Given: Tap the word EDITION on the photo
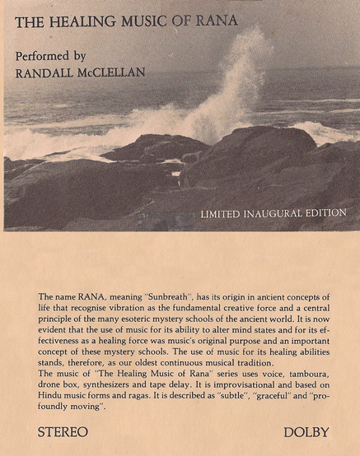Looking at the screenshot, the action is point(326,213).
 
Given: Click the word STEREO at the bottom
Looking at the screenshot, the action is point(63,431).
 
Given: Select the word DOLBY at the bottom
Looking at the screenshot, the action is point(304,431).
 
